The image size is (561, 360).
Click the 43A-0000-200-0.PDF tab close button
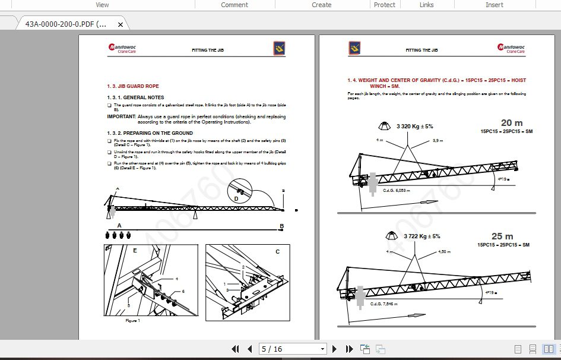coord(121,24)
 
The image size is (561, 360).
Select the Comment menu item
coord(234,5)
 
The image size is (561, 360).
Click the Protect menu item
coord(384,5)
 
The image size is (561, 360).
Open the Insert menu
coord(494,5)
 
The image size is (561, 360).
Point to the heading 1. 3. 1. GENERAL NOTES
coord(135,97)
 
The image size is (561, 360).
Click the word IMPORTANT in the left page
coord(121,117)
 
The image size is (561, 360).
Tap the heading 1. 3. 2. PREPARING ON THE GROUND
coord(150,133)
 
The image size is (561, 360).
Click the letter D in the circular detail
coord(236,198)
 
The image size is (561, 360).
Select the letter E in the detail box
coord(135,251)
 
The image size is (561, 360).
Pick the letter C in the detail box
coord(277,251)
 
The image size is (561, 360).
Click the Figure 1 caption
coord(132,320)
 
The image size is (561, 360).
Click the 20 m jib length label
coord(512,123)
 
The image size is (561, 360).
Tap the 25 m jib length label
coord(503,236)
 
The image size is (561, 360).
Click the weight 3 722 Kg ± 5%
coord(421,236)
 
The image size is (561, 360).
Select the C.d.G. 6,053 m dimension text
coord(397,191)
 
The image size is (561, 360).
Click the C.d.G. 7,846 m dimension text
coord(383,304)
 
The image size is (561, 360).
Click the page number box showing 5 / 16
coord(293,349)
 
